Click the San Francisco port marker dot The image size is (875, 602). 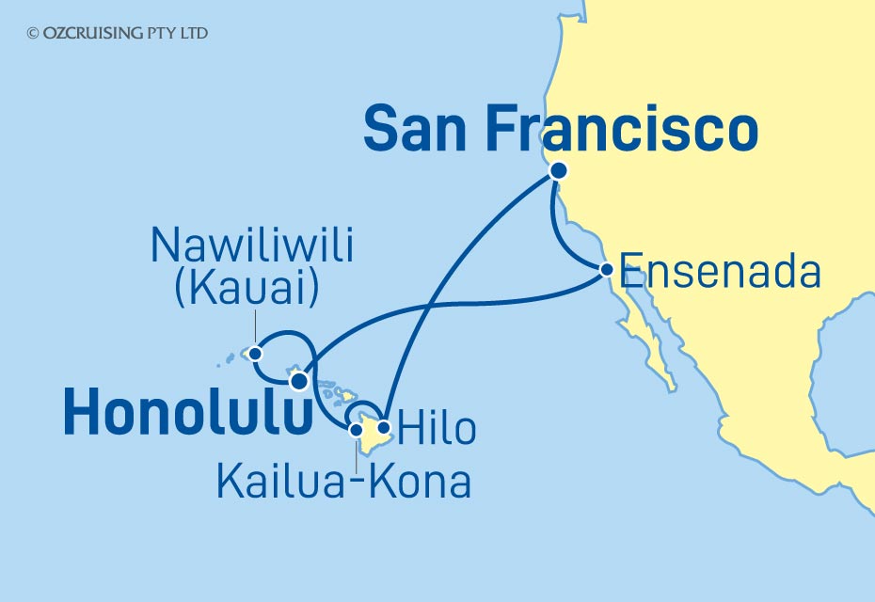[558, 171]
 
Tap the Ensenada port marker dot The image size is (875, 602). [607, 270]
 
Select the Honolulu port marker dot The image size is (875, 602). [298, 381]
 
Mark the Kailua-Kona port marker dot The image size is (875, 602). [357, 431]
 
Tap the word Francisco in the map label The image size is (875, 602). [635, 130]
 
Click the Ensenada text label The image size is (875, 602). [721, 272]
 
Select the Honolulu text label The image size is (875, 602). [187, 415]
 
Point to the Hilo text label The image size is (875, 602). [436, 429]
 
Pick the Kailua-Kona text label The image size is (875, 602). [343, 481]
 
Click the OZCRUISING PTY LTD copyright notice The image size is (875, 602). [118, 33]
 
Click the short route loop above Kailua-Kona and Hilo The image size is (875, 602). [363, 408]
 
